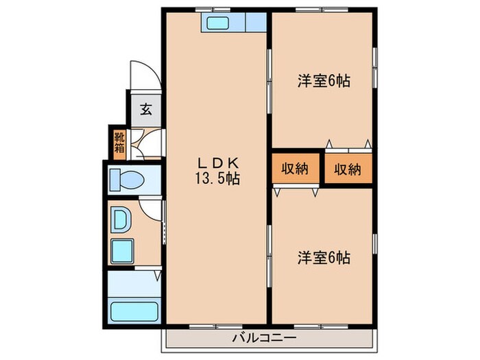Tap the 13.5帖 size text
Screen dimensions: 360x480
point(218,179)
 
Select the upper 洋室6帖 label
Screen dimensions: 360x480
point(324,80)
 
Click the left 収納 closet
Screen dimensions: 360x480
point(294,169)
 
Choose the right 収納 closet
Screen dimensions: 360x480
point(347,169)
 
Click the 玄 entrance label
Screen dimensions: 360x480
point(145,108)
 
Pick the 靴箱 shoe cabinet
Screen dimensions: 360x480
point(120,142)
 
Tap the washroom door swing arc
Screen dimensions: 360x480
point(149,205)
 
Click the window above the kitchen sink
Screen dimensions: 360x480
point(213,10)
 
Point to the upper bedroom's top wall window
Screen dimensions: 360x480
point(323,10)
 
